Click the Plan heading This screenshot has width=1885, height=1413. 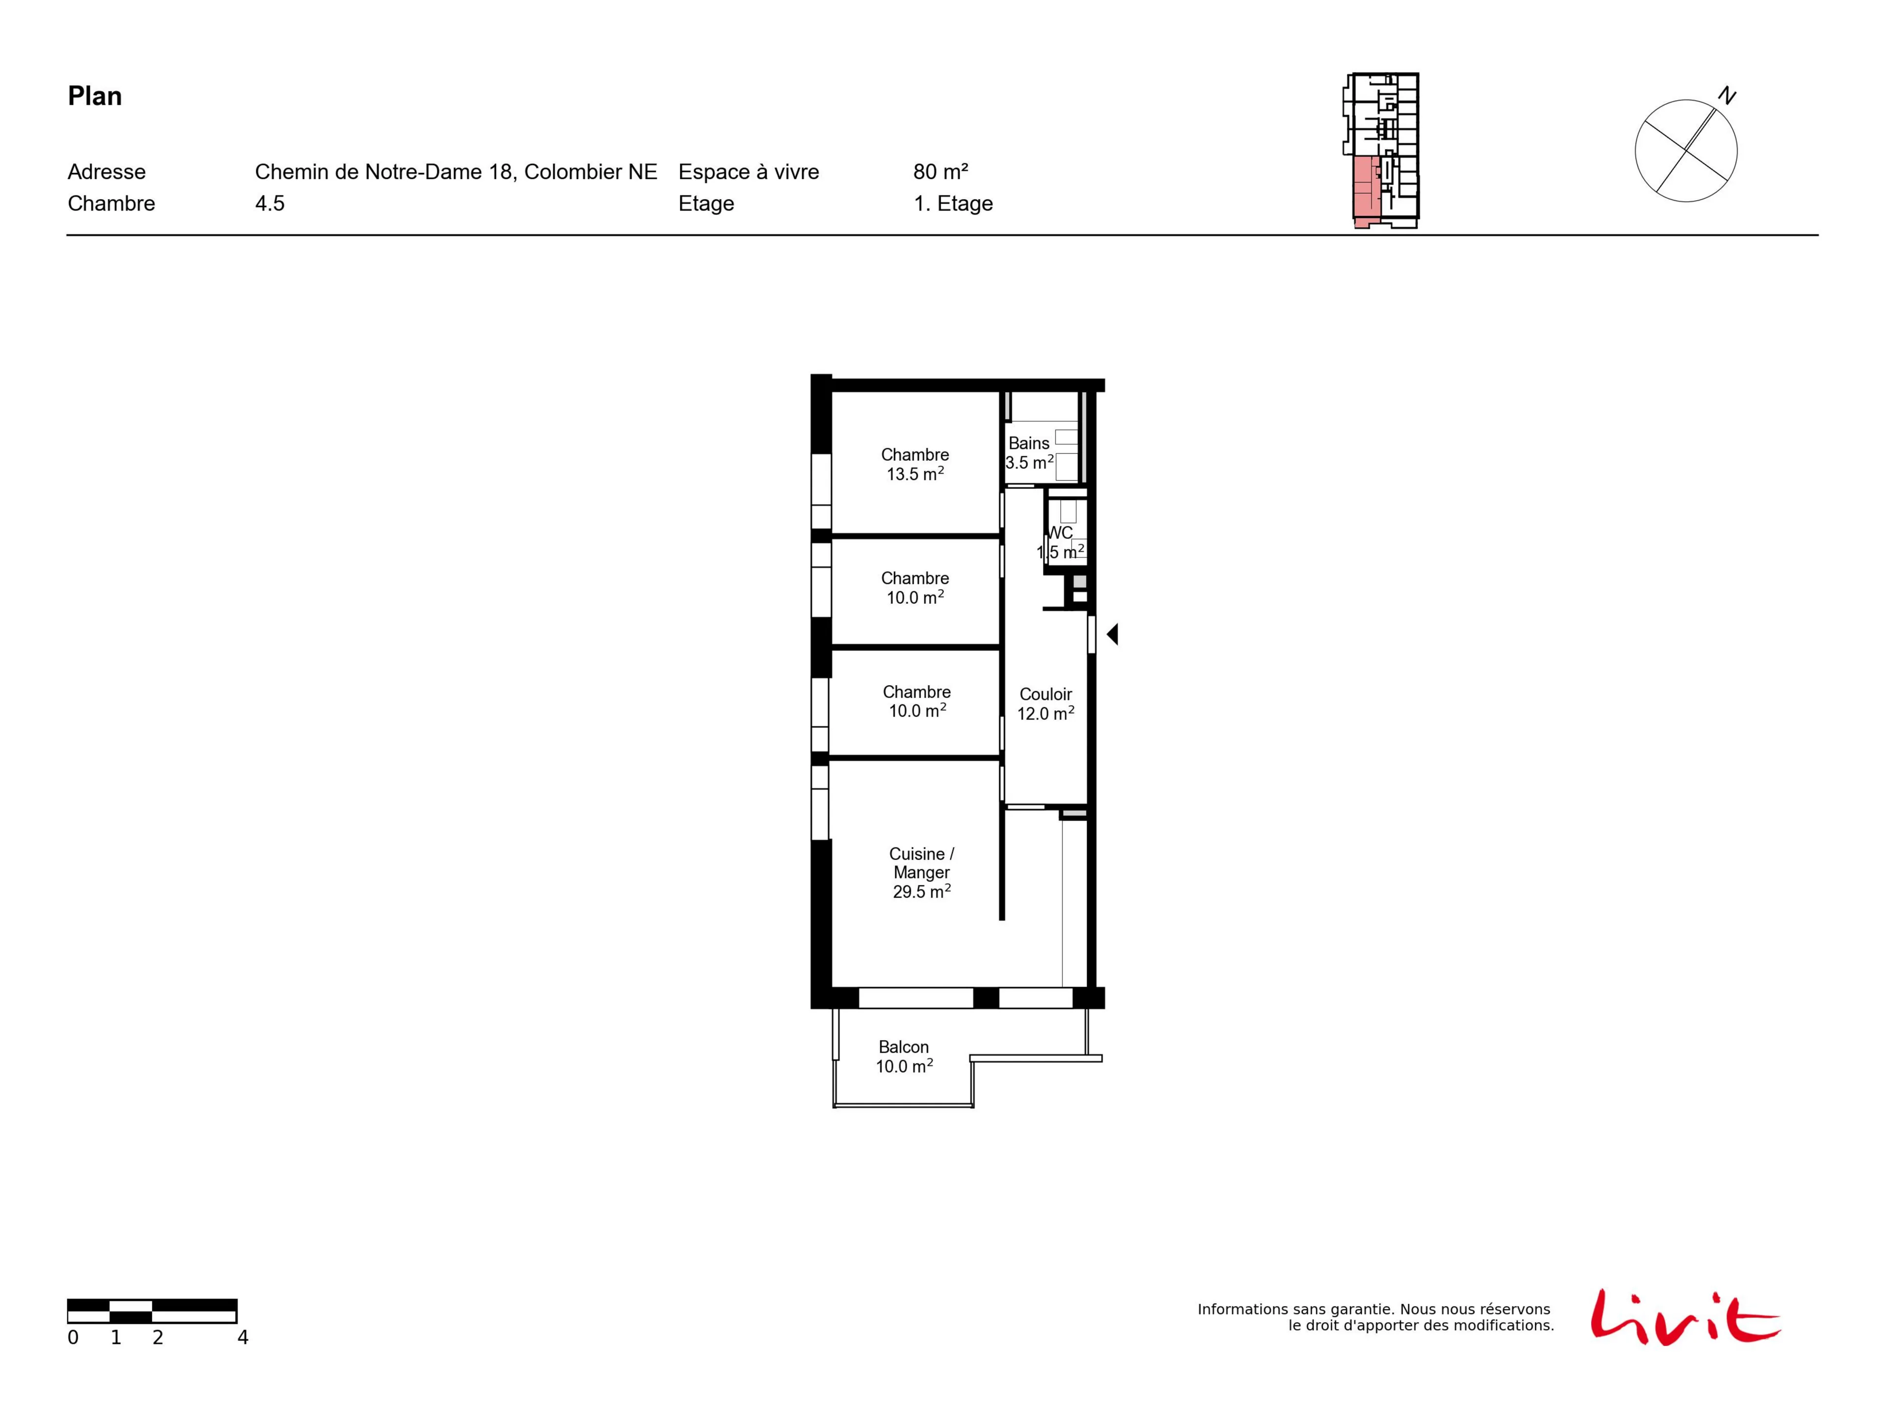(95, 96)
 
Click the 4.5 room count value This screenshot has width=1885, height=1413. (269, 204)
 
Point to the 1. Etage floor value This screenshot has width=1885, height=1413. (953, 204)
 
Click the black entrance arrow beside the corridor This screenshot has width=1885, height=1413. (1112, 634)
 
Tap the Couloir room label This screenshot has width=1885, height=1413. (1046, 694)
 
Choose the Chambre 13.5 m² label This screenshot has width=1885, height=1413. (915, 464)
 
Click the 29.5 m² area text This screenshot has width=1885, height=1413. (922, 891)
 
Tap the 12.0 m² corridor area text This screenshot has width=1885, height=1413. (1046, 713)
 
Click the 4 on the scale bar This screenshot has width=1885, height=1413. (243, 1338)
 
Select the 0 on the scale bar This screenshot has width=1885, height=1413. (73, 1338)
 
